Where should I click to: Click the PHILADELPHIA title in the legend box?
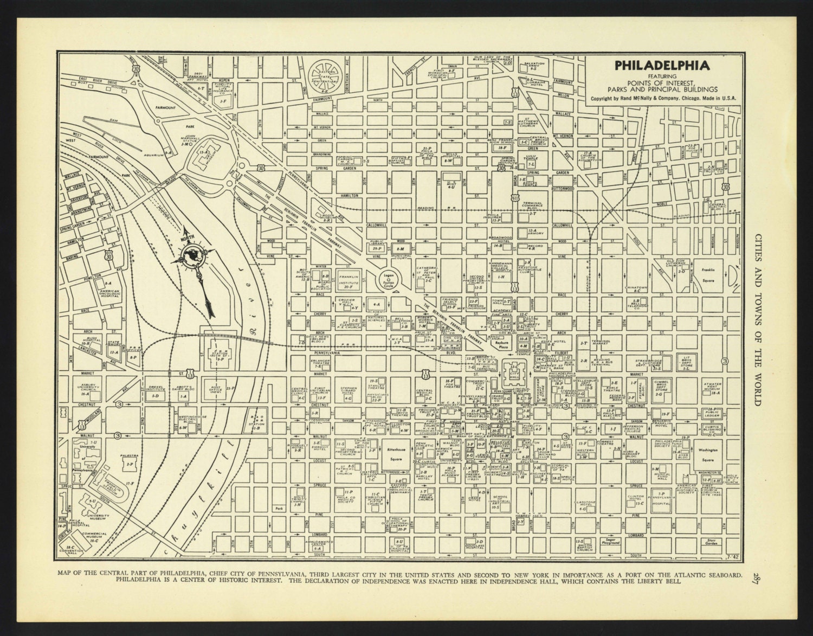click(654, 66)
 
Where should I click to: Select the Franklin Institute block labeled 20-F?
click(349, 280)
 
